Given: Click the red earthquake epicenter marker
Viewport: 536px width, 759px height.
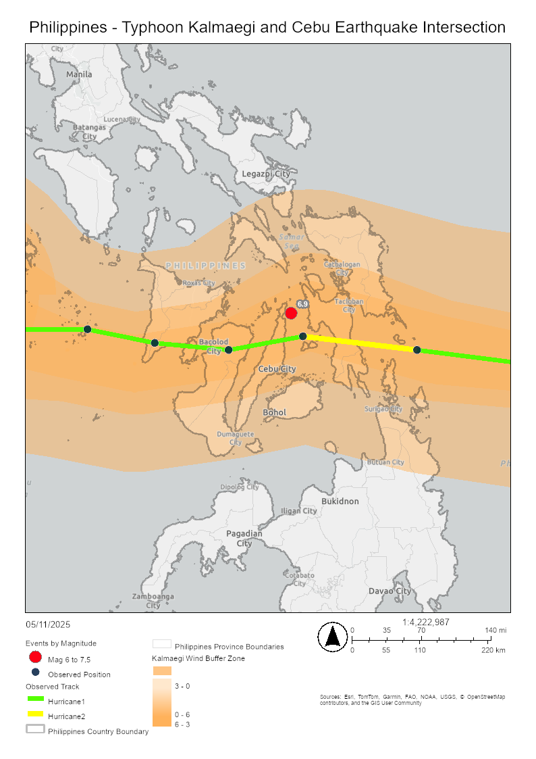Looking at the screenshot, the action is [x=291, y=313].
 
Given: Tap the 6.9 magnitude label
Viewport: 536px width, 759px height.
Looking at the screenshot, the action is [x=302, y=305].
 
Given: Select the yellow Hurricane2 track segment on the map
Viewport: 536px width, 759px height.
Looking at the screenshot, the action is [x=360, y=343].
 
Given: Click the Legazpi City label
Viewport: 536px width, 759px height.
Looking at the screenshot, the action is [x=266, y=174].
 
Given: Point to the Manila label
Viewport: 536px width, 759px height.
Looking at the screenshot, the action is [x=79, y=74].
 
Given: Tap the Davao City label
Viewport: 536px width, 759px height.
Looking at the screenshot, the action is [x=390, y=591].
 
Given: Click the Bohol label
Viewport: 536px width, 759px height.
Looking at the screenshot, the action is [x=275, y=412].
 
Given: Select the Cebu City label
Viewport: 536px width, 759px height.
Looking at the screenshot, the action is [x=277, y=369].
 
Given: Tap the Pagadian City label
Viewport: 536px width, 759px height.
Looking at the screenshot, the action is [x=244, y=538].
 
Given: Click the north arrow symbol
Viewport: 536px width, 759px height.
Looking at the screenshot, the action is [x=332, y=637].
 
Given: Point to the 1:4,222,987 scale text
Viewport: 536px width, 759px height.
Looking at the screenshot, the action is [x=425, y=622].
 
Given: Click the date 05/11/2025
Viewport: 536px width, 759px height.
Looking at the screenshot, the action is [x=48, y=625].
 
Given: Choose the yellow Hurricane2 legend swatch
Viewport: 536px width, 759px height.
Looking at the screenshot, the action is [x=36, y=715].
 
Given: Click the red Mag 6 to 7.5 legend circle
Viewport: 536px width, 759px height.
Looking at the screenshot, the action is [x=36, y=657].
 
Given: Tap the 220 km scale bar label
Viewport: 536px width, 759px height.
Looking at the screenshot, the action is [x=493, y=650].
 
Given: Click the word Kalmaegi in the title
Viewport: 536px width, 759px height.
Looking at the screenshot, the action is [x=252, y=28].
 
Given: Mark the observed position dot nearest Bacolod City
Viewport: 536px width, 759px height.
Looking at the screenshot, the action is [x=228, y=349].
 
